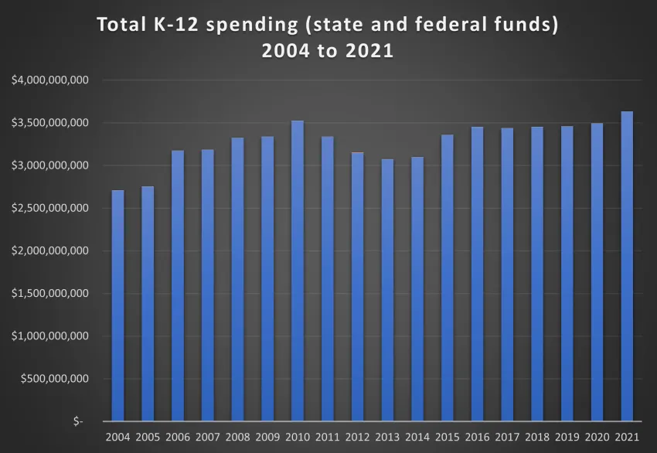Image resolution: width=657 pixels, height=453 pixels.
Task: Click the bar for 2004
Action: point(117,305)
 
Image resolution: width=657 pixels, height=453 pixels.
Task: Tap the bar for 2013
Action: point(387,290)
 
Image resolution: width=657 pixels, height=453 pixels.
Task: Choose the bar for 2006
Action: point(178,286)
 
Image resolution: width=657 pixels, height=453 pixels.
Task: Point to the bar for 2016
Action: point(477,274)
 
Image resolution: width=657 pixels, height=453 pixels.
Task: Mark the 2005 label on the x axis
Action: point(148,438)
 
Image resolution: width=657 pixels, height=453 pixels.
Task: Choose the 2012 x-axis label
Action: point(357,438)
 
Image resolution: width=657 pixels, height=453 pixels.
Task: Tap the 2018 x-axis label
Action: point(537,438)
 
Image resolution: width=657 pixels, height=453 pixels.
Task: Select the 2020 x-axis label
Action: point(597,438)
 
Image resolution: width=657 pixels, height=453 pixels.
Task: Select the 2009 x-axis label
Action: point(267,438)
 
